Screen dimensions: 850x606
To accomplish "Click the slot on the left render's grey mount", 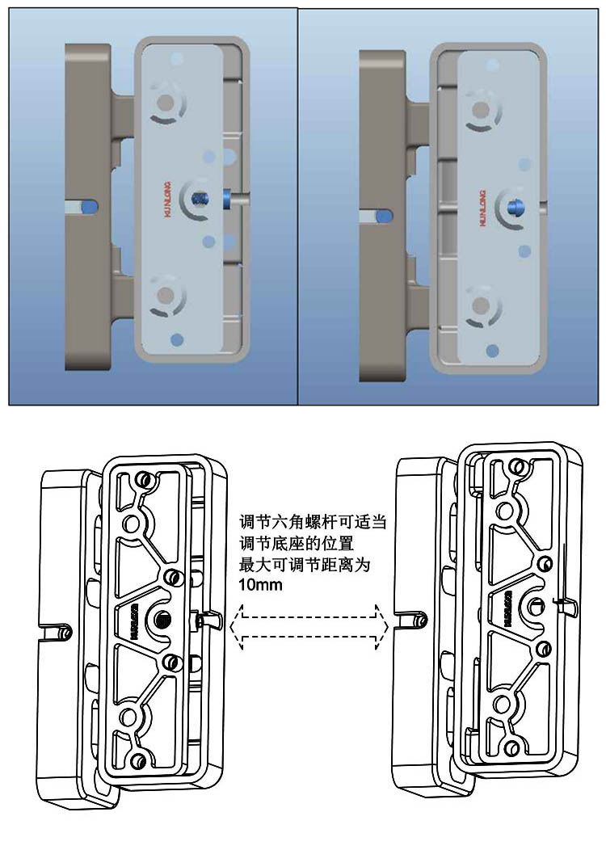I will [86, 207].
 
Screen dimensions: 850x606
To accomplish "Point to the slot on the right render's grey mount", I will [380, 216].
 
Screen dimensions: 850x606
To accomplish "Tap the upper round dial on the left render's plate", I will [166, 103].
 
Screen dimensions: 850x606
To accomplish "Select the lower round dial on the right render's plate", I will [481, 306].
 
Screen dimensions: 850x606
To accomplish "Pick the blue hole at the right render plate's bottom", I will [494, 349].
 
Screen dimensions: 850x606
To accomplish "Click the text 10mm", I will [261, 585].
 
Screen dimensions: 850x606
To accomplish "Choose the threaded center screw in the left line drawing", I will [162, 619].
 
